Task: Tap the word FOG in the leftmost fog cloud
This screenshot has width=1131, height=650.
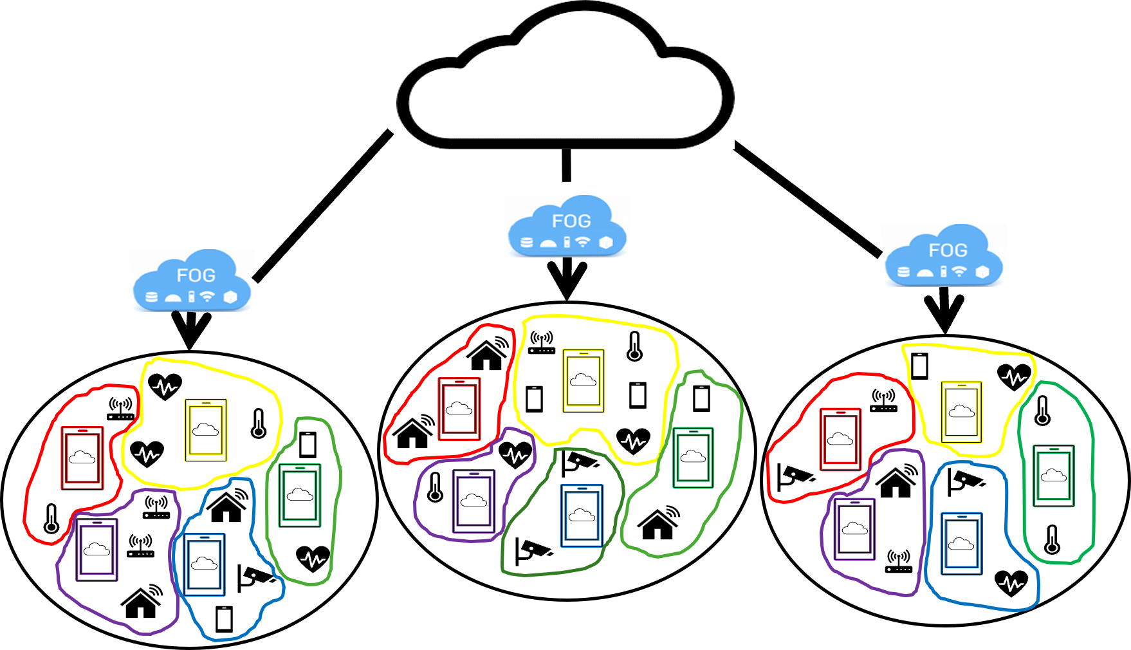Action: point(196,275)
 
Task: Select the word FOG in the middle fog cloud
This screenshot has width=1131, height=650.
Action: point(571,221)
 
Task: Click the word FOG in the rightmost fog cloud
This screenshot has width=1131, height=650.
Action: point(948,250)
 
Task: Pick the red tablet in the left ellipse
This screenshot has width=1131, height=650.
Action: point(82,458)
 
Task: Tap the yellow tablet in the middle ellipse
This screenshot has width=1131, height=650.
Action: point(583,381)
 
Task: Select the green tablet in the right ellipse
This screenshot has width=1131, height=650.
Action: point(1053,476)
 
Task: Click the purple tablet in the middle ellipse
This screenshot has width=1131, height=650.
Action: point(474,501)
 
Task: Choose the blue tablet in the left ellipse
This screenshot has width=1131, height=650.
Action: point(204,564)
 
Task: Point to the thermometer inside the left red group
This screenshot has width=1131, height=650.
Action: point(51,519)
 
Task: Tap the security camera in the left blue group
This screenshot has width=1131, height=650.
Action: point(256,577)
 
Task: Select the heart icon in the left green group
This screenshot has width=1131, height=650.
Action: point(313,558)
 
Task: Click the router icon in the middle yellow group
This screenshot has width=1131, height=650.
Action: point(542,342)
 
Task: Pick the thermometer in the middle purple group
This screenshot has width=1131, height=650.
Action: point(435,487)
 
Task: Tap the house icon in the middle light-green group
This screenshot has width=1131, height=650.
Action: point(658,523)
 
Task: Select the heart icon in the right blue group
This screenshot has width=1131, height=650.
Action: point(1011,583)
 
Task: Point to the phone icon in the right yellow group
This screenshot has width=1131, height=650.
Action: point(919,366)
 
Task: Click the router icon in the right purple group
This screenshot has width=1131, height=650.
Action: point(899,561)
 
